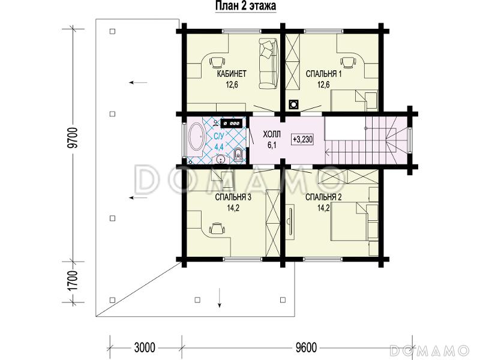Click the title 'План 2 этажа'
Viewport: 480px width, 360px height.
click(246, 6)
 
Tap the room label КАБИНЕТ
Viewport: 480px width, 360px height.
click(232, 74)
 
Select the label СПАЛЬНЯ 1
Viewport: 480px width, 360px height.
click(324, 74)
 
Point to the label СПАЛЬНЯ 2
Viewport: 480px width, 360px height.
click(323, 197)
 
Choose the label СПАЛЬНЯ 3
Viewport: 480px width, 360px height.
click(233, 197)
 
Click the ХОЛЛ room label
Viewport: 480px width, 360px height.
click(272, 134)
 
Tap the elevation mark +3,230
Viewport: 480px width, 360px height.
click(303, 140)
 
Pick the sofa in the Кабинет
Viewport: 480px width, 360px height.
click(268, 63)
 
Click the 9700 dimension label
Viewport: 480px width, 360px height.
click(73, 138)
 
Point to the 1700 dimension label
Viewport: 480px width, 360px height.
click(73, 281)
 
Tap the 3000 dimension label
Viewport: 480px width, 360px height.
click(145, 348)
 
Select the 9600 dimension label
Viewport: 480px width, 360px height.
click(306, 348)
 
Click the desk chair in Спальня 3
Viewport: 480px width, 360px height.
click(217, 228)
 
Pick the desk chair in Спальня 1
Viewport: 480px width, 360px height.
click(348, 62)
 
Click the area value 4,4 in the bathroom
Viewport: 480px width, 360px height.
click(219, 146)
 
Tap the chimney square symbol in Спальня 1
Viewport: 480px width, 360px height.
click(294, 104)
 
